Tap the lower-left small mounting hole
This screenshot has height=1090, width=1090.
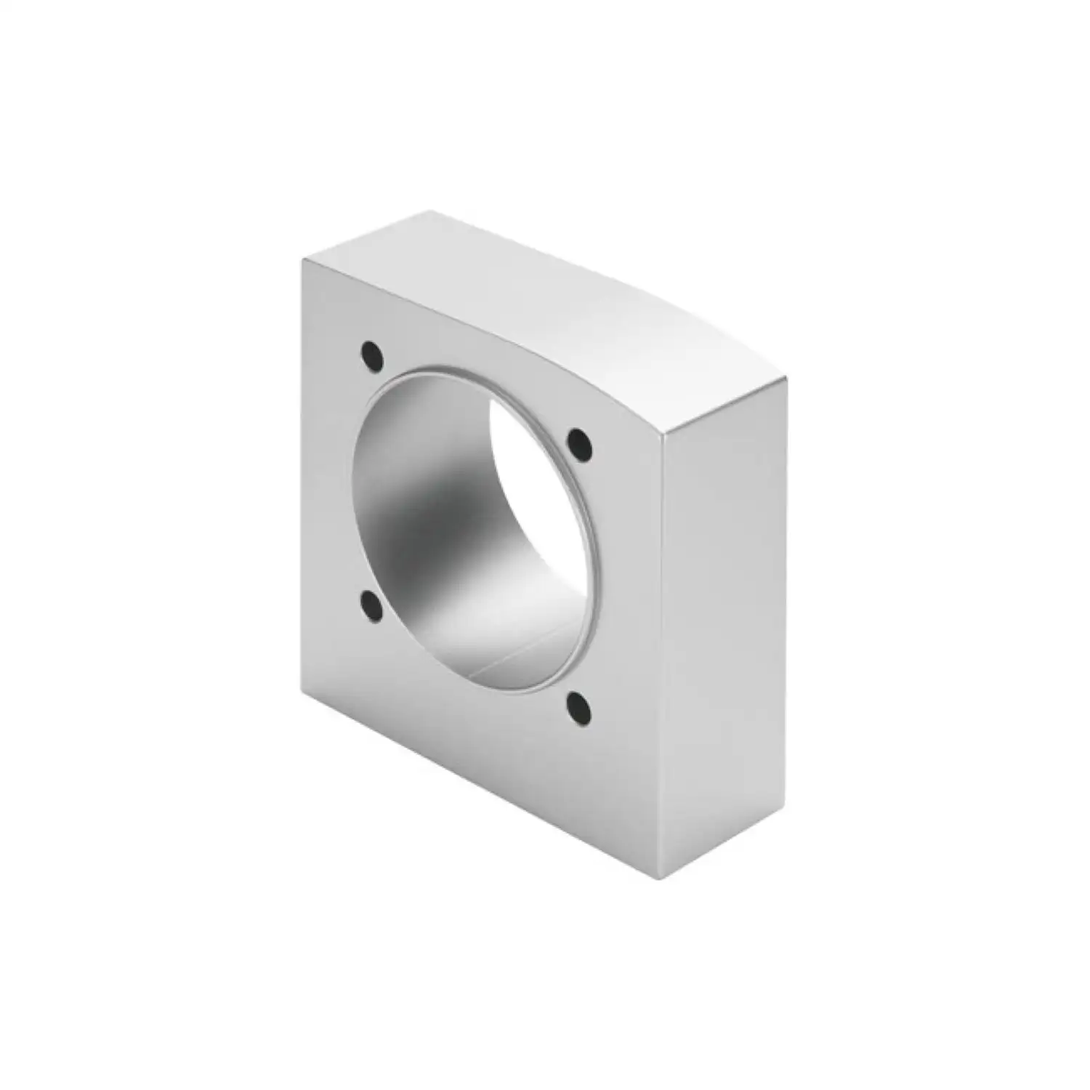(371, 605)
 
